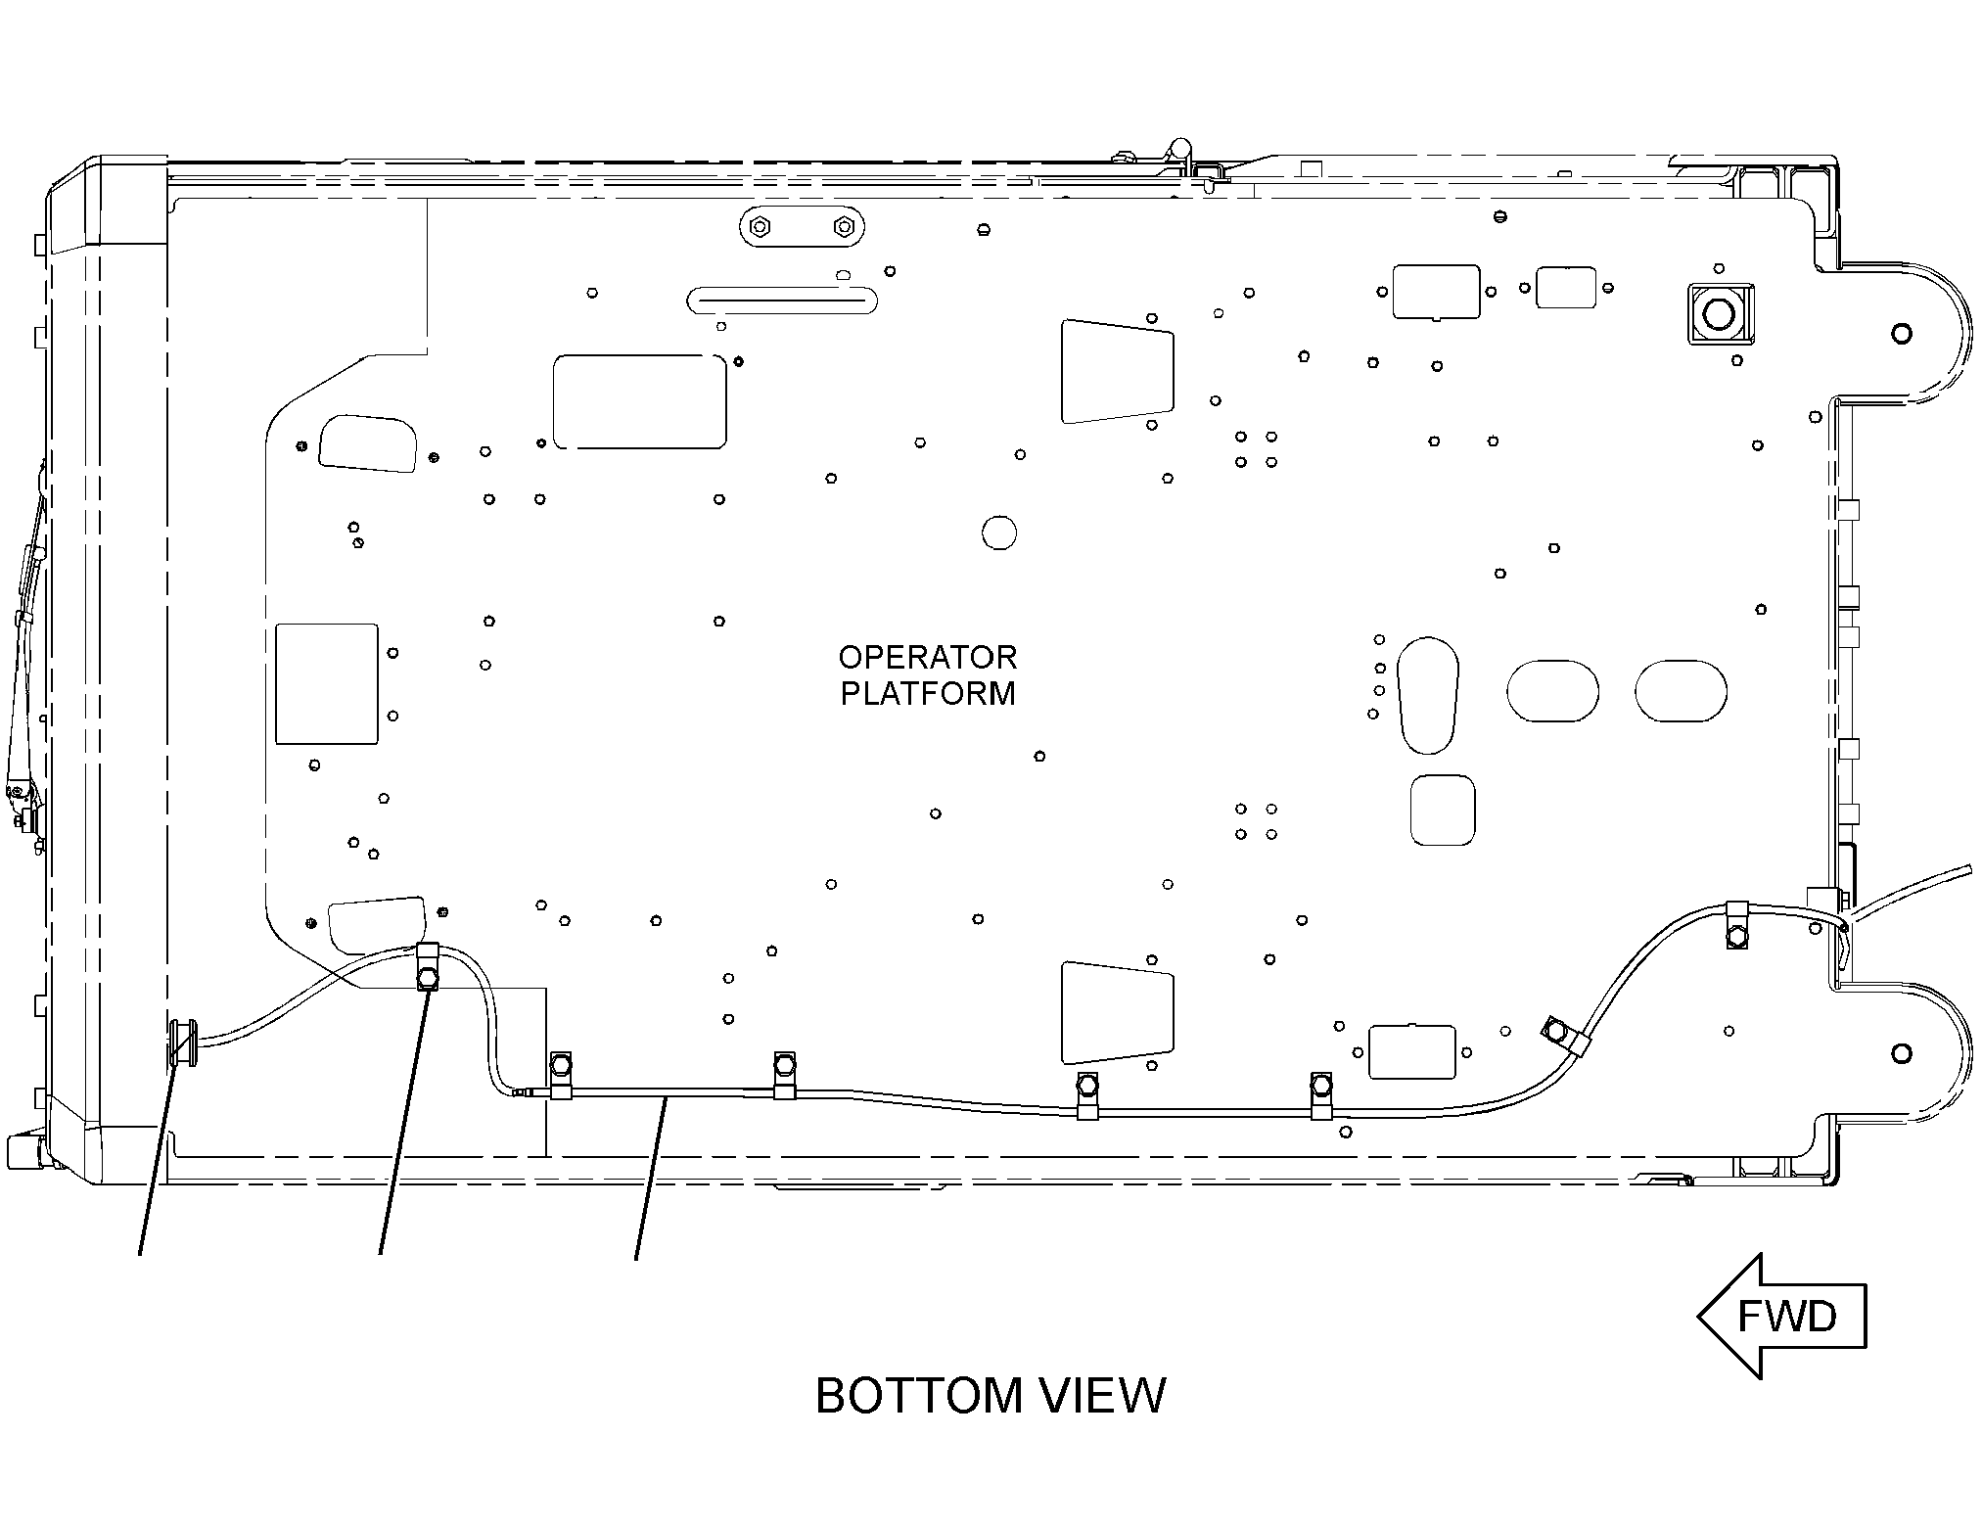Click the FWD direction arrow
click(1781, 1316)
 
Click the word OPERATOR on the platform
click(928, 657)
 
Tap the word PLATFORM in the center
click(928, 693)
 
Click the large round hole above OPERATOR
click(999, 533)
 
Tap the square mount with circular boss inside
click(1720, 313)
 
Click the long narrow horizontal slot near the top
click(782, 300)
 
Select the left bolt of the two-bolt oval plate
click(759, 228)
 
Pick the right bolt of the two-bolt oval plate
click(843, 228)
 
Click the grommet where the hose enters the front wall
click(183, 1043)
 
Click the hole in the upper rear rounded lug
click(1901, 334)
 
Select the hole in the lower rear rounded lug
click(1901, 1053)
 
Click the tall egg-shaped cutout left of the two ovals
click(1428, 695)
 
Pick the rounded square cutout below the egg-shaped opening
click(1443, 811)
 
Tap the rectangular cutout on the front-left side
click(326, 684)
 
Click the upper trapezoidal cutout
click(1118, 371)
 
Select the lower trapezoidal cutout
click(1118, 1012)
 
